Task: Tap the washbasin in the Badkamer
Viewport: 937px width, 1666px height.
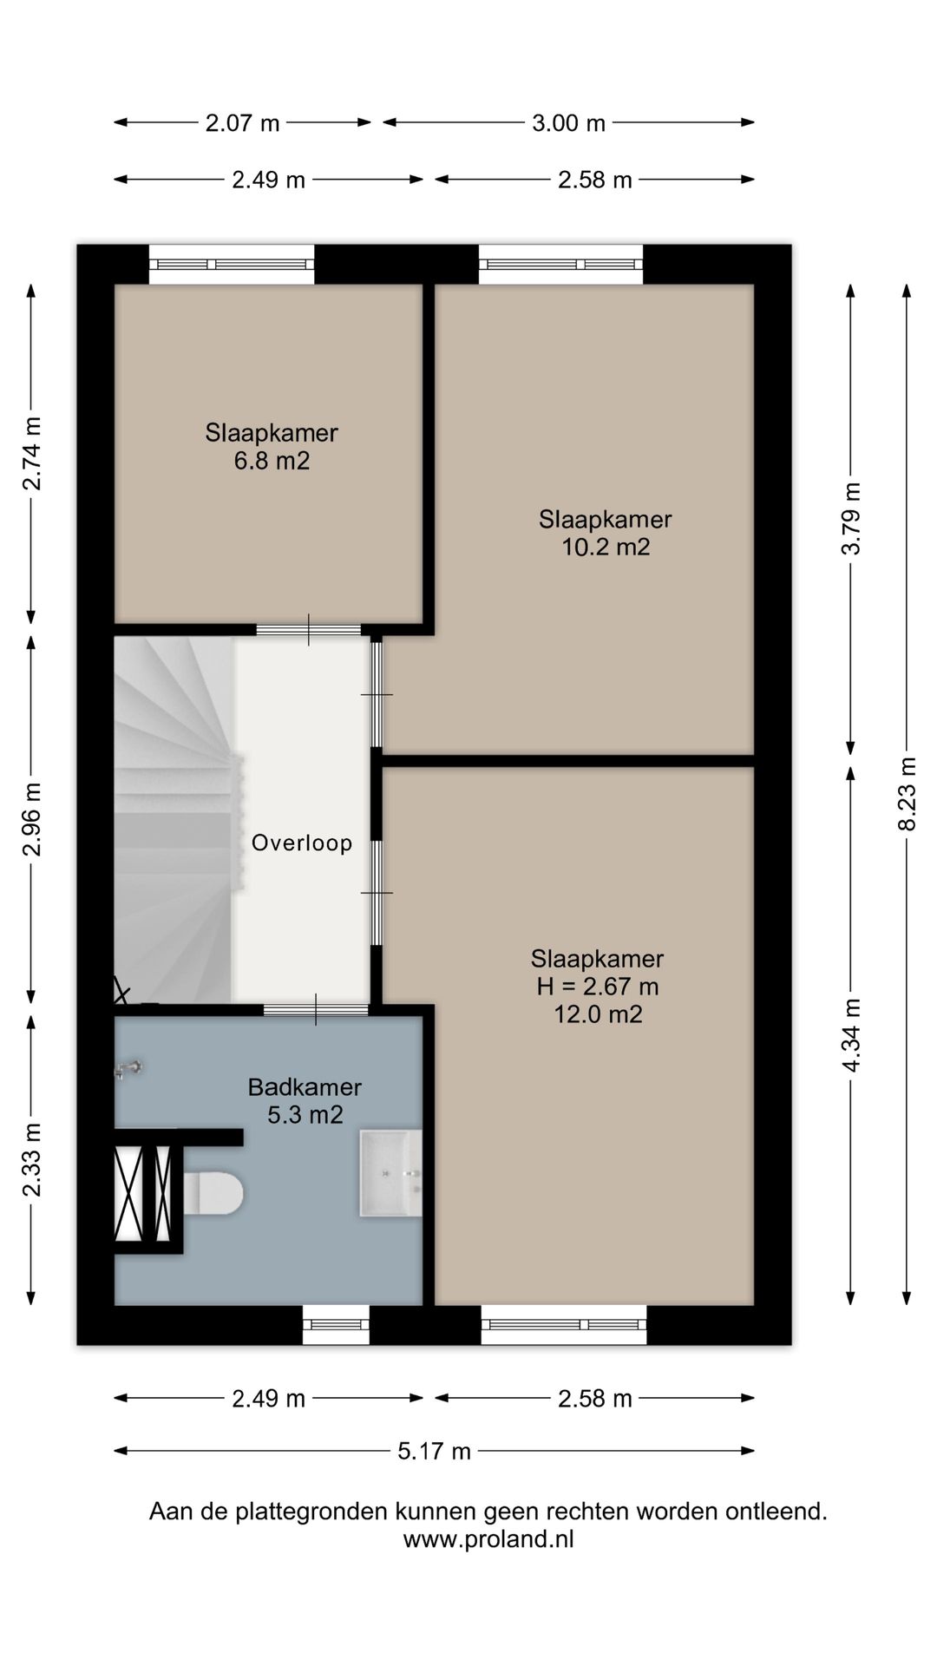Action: point(391,1173)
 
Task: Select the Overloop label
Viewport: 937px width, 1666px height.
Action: point(302,843)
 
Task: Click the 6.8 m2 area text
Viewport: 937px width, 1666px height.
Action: point(272,460)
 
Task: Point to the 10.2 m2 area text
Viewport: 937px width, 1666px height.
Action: point(606,547)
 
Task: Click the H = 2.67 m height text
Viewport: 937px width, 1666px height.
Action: point(598,986)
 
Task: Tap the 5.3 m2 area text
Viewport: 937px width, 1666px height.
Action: point(305,1114)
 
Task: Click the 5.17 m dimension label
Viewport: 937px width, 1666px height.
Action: point(435,1450)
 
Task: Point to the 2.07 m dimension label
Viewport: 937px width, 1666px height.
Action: point(243,122)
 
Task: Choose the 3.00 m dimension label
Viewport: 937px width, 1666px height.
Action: point(568,122)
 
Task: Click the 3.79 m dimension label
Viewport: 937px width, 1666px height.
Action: point(852,518)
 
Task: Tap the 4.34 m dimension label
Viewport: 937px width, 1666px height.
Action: point(852,1034)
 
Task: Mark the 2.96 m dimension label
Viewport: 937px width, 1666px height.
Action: point(32,819)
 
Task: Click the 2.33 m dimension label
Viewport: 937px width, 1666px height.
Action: point(32,1159)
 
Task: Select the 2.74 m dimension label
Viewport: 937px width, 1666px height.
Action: point(32,454)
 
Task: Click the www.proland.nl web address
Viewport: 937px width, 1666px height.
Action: point(488,1539)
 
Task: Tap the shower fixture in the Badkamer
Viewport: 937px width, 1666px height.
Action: point(129,1069)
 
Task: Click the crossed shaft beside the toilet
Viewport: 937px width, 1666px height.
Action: point(143,1193)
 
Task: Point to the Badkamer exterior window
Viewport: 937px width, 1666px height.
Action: point(337,1324)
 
